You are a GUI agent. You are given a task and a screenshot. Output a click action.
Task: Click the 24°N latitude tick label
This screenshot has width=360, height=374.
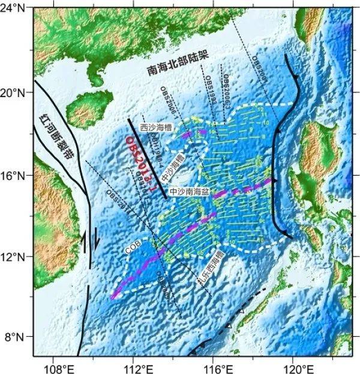[x=16, y=11]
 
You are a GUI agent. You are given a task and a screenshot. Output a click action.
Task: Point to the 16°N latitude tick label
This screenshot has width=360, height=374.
[x=16, y=176]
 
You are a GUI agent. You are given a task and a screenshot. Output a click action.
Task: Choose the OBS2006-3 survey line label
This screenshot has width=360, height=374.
[x=226, y=87]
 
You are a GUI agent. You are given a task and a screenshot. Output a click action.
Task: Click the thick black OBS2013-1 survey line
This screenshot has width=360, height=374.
[x=147, y=159]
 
